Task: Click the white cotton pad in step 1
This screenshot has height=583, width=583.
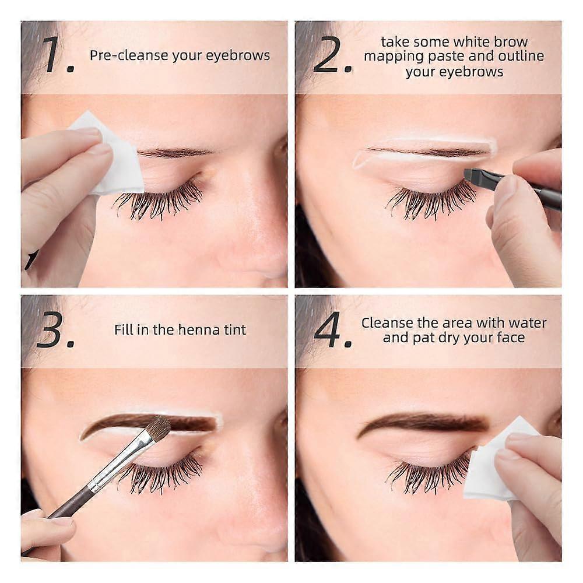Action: [111, 154]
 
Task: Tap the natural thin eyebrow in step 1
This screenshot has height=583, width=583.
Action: [174, 152]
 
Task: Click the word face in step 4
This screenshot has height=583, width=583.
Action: [511, 338]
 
